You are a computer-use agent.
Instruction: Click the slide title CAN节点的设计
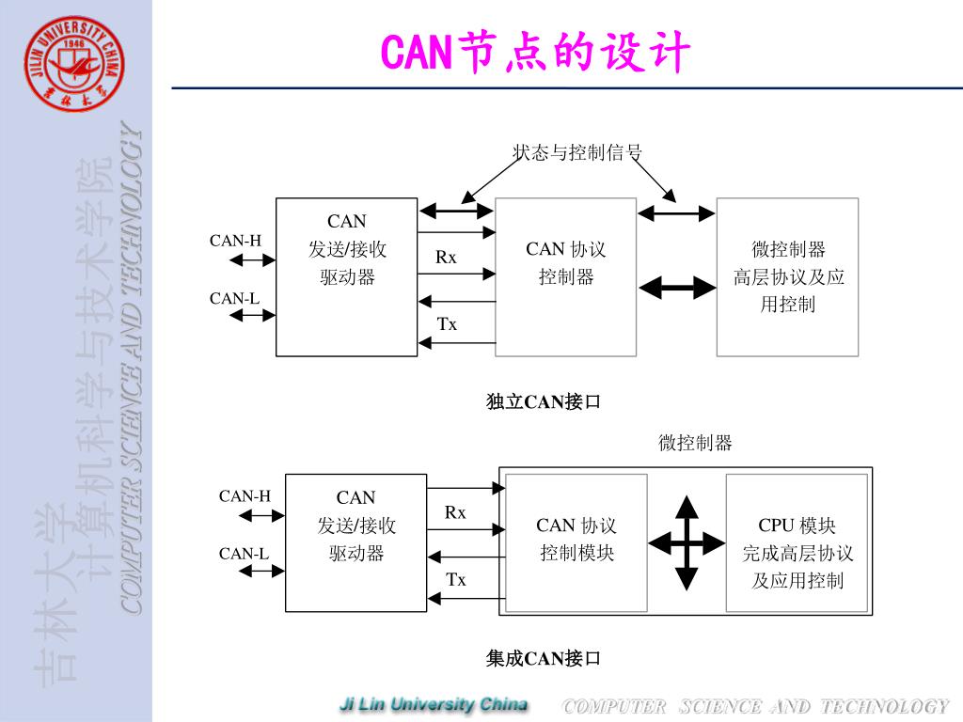pos(535,53)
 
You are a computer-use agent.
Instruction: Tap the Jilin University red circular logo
pos(74,64)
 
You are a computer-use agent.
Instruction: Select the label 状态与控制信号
pos(576,152)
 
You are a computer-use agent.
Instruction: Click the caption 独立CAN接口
pos(543,402)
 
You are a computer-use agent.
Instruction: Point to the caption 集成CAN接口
pos(543,659)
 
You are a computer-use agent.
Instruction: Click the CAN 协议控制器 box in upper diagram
pos(566,277)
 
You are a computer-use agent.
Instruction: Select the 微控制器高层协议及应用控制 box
pos(788,277)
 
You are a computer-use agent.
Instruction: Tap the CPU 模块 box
pos(797,543)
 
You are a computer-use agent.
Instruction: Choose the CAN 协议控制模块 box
pos(576,543)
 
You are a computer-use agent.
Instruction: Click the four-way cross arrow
pos(687,542)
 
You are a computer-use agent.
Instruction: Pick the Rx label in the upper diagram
pos(446,257)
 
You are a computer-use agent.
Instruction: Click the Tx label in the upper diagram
pos(447,324)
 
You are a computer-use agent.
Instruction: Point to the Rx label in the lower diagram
pos(455,512)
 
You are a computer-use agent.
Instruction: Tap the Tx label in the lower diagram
pos(456,580)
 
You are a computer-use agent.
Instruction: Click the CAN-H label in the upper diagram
pos(235,241)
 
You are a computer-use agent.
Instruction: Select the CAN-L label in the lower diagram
pos(245,554)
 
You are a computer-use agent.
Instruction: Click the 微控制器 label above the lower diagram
pos(695,444)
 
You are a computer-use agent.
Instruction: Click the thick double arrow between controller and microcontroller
pos(677,288)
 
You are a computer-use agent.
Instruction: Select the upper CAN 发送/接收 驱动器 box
pos(346,277)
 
